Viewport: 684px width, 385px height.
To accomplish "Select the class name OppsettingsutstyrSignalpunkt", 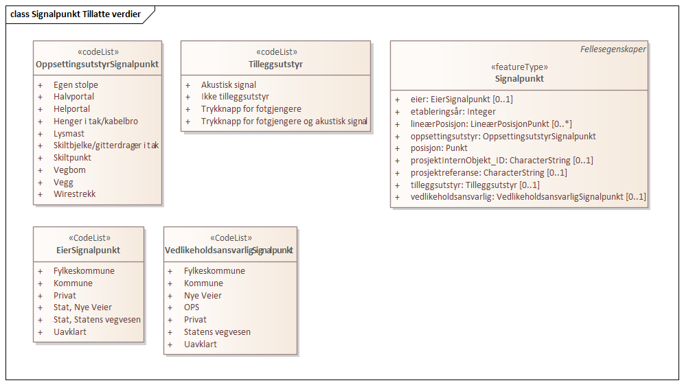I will (98, 65).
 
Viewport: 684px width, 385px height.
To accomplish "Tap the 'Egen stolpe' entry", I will (76, 85).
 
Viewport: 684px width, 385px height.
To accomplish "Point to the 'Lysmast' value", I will (69, 133).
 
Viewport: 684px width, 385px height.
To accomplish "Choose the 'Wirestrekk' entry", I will (75, 194).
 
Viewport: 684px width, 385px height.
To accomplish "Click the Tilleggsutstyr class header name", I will (276, 65).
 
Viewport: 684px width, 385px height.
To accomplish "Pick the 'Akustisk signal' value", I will (229, 85).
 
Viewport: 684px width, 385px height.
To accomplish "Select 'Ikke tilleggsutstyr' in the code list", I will (235, 97).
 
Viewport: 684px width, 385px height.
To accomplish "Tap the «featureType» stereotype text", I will (519, 67).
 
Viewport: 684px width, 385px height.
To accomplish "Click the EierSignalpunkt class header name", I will (89, 250).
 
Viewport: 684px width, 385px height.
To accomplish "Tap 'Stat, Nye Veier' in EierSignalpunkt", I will (82, 307).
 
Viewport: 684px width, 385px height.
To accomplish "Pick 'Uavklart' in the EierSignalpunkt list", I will (70, 332).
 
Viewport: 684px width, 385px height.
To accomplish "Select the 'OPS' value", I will (192, 307).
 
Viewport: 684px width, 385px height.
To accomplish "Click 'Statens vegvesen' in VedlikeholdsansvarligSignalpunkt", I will (217, 332).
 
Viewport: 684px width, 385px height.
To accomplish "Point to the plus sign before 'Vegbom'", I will (41, 170).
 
